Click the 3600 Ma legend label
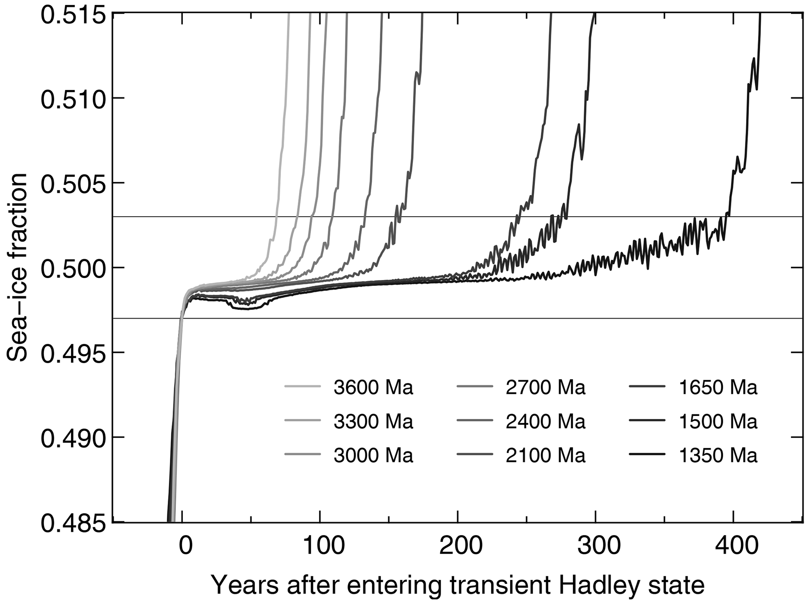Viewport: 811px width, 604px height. click(x=373, y=388)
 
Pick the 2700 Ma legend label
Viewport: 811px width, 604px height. click(x=545, y=388)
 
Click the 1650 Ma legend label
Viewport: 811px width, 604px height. click(x=718, y=388)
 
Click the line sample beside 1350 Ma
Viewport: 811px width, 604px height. click(x=647, y=455)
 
